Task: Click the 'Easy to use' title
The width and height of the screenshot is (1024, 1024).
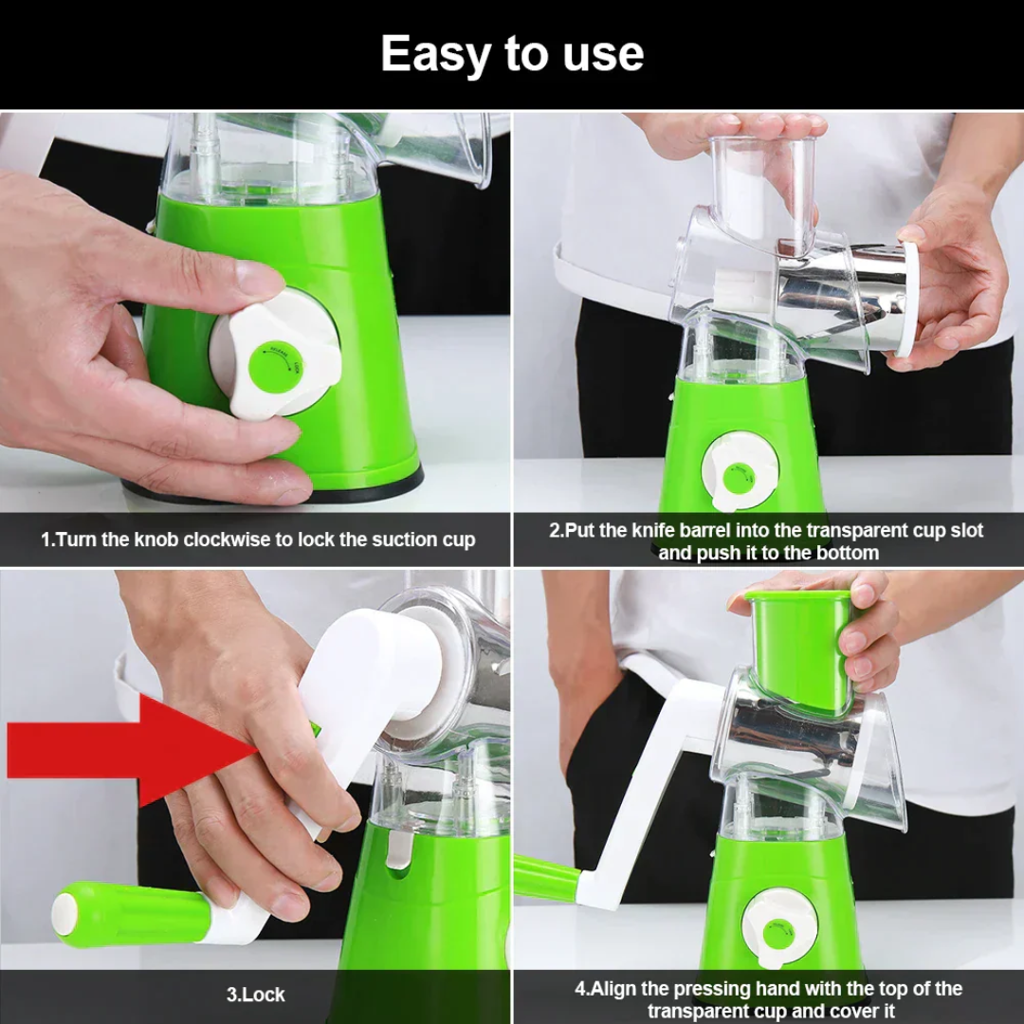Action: coord(512,54)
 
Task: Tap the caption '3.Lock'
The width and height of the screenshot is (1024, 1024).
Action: coord(255,995)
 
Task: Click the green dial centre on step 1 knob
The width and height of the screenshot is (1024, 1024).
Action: coord(276,365)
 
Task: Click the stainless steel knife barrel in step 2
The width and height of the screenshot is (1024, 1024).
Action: coord(844,294)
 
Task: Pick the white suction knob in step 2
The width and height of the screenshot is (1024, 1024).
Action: coord(740,471)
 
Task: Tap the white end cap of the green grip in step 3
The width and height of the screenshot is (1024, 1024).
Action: coord(64,912)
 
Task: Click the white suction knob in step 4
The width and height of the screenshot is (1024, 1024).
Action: coord(779,927)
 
